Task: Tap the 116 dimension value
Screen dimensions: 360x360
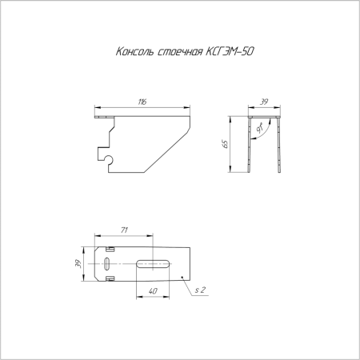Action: coord(142,103)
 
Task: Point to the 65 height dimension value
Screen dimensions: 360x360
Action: coord(226,145)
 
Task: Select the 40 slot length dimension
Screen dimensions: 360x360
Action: coord(152,291)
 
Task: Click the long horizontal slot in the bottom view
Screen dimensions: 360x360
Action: coord(152,262)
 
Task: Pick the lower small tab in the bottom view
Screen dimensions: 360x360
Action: coord(109,278)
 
